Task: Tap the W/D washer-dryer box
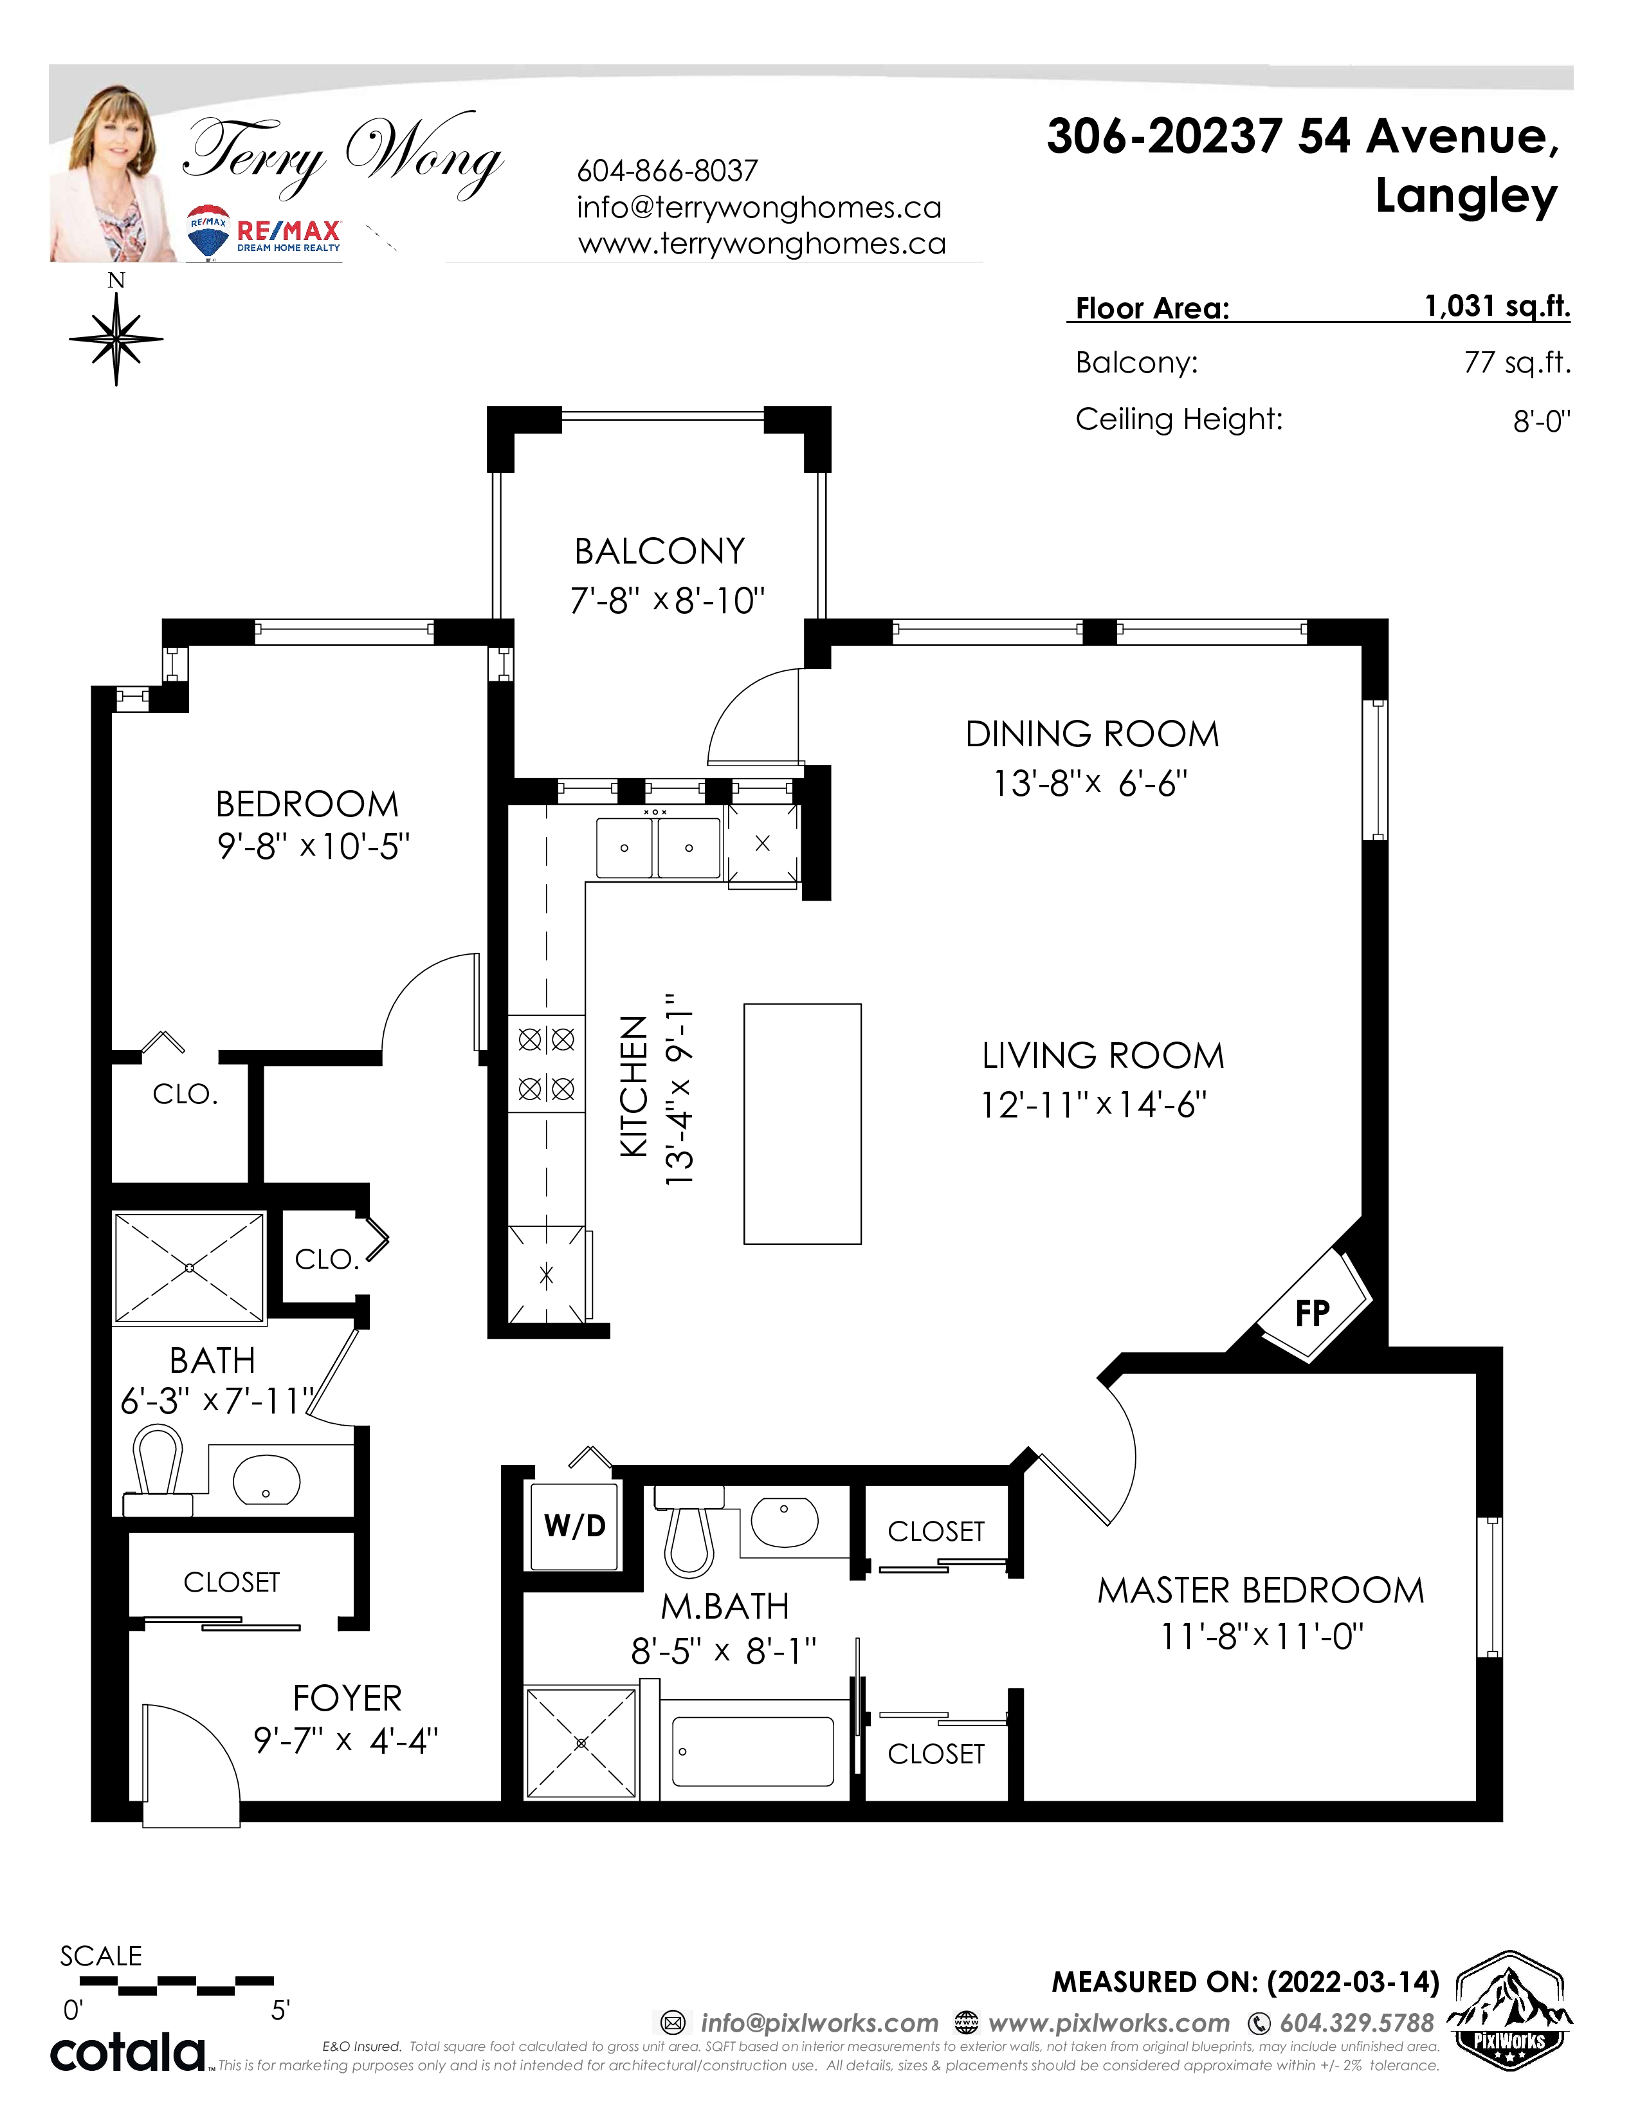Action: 574,1526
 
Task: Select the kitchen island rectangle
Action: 803,1124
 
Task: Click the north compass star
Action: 116,338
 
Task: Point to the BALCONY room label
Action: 660,551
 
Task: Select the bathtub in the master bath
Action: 753,1751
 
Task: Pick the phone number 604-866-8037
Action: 668,171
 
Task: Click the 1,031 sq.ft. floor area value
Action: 1497,306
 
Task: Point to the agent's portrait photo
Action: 114,173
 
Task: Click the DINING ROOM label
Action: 1092,734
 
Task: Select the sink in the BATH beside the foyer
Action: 266,1480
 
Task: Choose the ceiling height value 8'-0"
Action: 1542,421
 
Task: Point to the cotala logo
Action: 128,2053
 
